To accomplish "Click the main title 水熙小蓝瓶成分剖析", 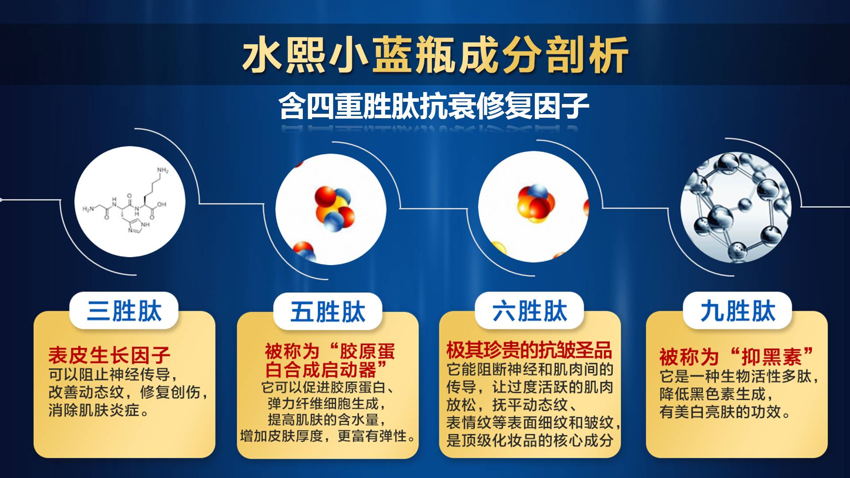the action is click(435, 54).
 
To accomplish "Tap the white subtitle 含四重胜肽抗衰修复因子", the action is click(434, 106).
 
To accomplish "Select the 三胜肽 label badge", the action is click(124, 310).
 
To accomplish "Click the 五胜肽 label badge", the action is click(328, 312).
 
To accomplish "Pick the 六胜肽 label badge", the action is click(529, 310).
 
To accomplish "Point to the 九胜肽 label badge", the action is click(738, 310).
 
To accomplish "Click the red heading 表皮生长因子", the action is click(109, 355).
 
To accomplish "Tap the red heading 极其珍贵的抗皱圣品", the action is click(529, 350).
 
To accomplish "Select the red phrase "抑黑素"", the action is click(771, 356).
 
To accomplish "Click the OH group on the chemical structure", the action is click(161, 204).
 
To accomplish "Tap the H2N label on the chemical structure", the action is click(88, 209).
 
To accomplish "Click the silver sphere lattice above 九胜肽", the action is click(736, 207).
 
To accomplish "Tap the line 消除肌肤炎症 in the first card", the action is click(99, 410).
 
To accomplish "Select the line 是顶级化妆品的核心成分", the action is click(529, 440).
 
